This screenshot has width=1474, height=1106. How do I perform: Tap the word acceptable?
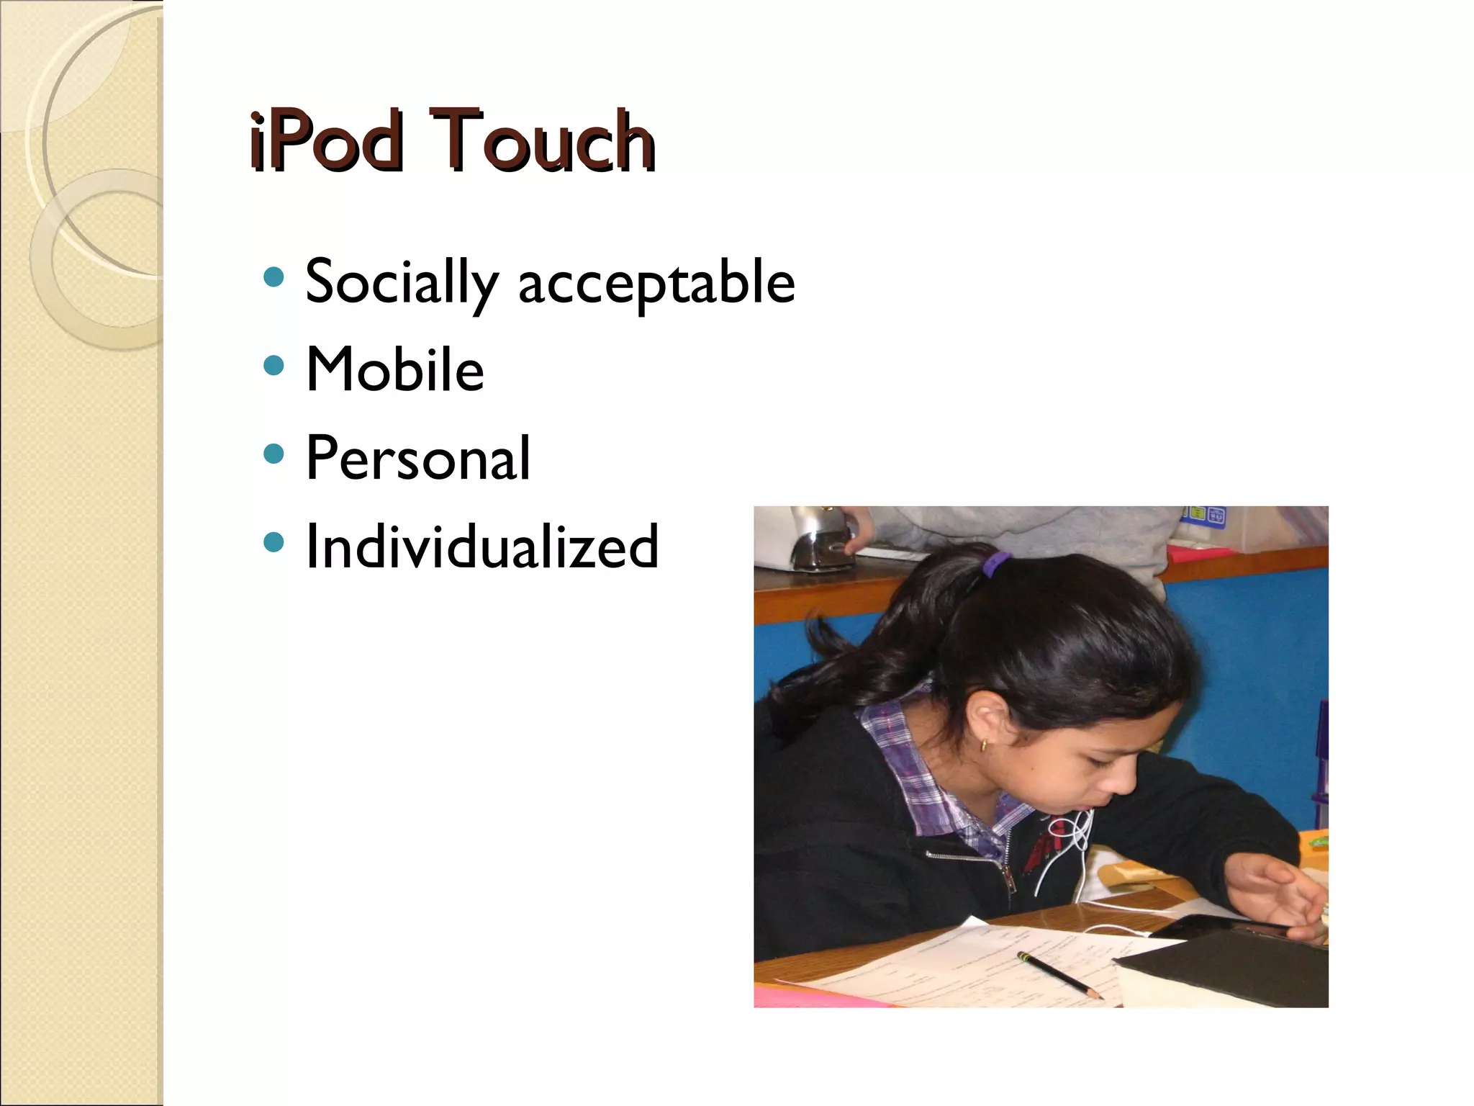point(656,282)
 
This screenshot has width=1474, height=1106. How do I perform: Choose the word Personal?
point(418,458)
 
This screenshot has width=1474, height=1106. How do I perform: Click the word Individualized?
point(481,547)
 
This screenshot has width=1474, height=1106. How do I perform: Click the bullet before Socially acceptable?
point(273,277)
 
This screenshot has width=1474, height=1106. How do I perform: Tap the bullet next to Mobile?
point(273,366)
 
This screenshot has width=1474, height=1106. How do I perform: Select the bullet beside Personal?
point(273,454)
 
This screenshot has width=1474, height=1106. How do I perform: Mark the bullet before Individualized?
point(273,542)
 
